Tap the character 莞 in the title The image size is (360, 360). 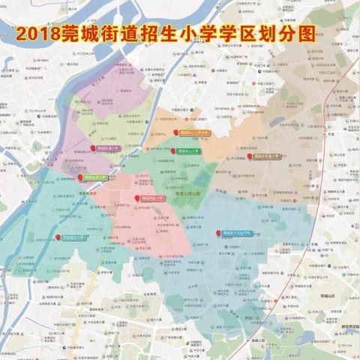tap(76, 34)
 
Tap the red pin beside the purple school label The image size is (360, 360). tap(93, 148)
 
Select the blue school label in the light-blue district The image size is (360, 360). tap(235, 233)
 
